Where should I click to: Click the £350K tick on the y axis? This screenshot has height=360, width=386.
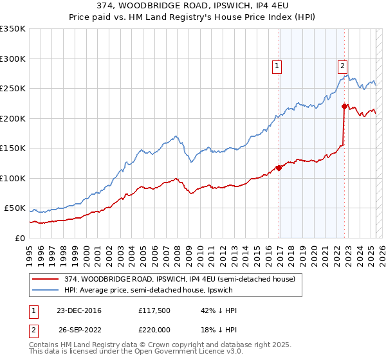(13, 29)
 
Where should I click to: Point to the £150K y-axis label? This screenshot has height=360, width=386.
(13, 148)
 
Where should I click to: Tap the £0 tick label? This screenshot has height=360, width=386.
(19, 239)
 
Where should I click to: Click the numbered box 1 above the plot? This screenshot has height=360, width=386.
(277, 64)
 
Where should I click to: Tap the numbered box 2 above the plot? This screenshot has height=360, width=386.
(342, 64)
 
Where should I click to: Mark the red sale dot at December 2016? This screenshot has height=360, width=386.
(279, 168)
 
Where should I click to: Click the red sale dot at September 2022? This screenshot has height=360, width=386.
(344, 107)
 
